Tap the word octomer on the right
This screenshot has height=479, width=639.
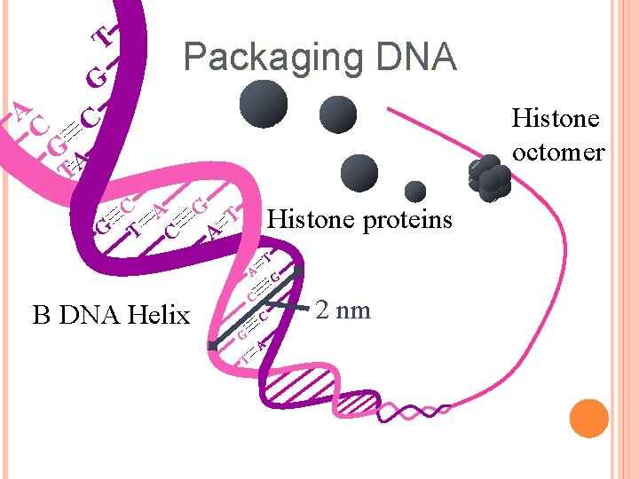tap(557, 153)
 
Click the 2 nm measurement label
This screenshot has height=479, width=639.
tap(343, 310)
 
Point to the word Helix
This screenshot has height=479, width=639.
tap(159, 315)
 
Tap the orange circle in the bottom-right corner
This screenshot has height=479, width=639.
tap(588, 418)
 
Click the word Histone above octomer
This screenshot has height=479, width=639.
tap(556, 118)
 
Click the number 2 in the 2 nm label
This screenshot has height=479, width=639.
tap(325, 310)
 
